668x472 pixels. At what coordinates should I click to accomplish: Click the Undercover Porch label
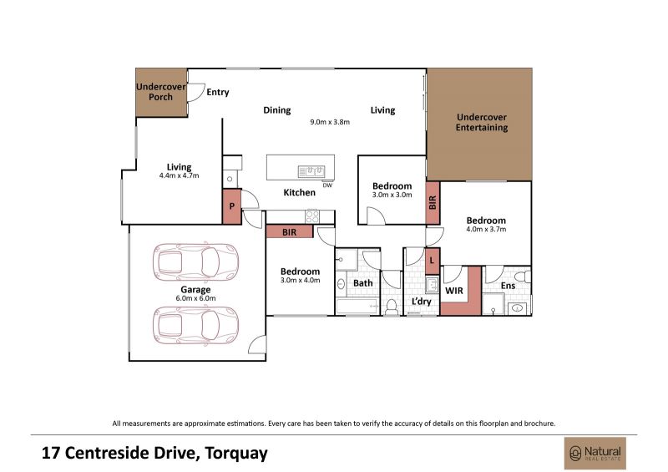point(160,92)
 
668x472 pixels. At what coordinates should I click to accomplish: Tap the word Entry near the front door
point(218,92)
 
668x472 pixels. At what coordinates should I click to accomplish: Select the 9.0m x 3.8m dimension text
point(330,122)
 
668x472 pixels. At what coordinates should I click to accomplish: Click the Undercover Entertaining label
point(482,122)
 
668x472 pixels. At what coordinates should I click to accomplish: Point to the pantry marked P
point(232,207)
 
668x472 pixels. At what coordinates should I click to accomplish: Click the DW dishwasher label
point(327,185)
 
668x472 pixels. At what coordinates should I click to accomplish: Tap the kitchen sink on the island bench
point(311,171)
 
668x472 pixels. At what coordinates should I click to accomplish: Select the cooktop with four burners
point(312,216)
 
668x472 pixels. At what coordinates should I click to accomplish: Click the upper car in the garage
point(195,261)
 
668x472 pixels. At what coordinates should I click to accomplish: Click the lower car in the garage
point(195,325)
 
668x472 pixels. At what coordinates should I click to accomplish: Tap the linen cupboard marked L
point(433,261)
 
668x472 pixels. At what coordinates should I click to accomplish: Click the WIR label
point(453,291)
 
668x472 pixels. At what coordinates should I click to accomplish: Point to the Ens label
point(508,286)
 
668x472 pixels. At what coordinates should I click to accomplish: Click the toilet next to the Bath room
point(391,307)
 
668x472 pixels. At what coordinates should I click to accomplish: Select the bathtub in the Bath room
point(357,307)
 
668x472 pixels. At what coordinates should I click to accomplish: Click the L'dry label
point(422,302)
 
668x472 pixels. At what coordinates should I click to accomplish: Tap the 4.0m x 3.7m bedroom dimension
point(486,230)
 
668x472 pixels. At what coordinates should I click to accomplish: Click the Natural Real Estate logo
point(595,454)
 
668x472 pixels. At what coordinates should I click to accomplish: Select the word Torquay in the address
point(236,454)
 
